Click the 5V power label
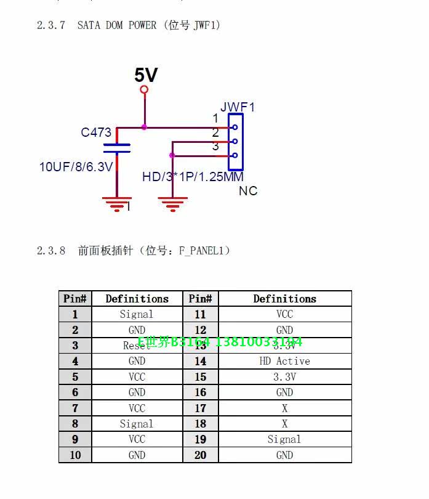(146, 75)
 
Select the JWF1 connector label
(237, 107)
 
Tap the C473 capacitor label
(96, 132)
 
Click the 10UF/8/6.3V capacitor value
(76, 166)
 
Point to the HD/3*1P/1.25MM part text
(193, 177)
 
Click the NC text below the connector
(248, 191)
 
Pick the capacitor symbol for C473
(117, 148)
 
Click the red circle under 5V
(145, 90)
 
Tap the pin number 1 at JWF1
(215, 118)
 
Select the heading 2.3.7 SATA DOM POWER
(129, 25)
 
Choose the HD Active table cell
(284, 361)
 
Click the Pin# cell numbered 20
(201, 455)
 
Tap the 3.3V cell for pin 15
(284, 377)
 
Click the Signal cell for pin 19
(284, 439)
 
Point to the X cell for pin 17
(284, 408)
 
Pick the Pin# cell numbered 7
(75, 408)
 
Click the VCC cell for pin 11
(284, 314)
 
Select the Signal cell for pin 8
(137, 424)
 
